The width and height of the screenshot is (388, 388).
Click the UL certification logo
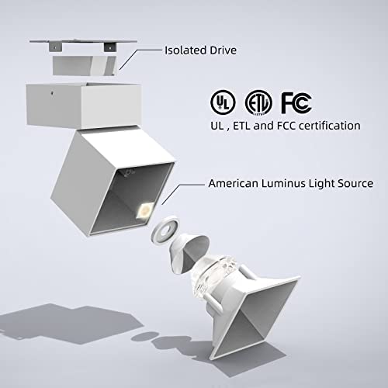click(x=223, y=102)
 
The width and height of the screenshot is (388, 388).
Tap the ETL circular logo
click(x=258, y=102)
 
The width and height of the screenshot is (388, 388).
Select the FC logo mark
click(x=296, y=102)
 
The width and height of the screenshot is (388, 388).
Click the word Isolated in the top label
click(x=185, y=50)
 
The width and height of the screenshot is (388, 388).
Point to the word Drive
click(x=223, y=50)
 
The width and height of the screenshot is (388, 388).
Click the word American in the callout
click(x=234, y=183)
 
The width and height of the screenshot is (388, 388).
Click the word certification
click(x=329, y=126)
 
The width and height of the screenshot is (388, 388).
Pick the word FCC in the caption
click(x=286, y=126)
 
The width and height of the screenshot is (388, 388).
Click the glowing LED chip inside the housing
click(x=145, y=210)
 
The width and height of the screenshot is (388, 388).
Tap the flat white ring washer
click(x=165, y=230)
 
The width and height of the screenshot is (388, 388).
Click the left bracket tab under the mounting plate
click(x=56, y=47)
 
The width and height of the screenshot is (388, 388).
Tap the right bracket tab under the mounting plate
click(x=110, y=47)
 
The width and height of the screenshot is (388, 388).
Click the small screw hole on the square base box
click(x=53, y=92)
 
